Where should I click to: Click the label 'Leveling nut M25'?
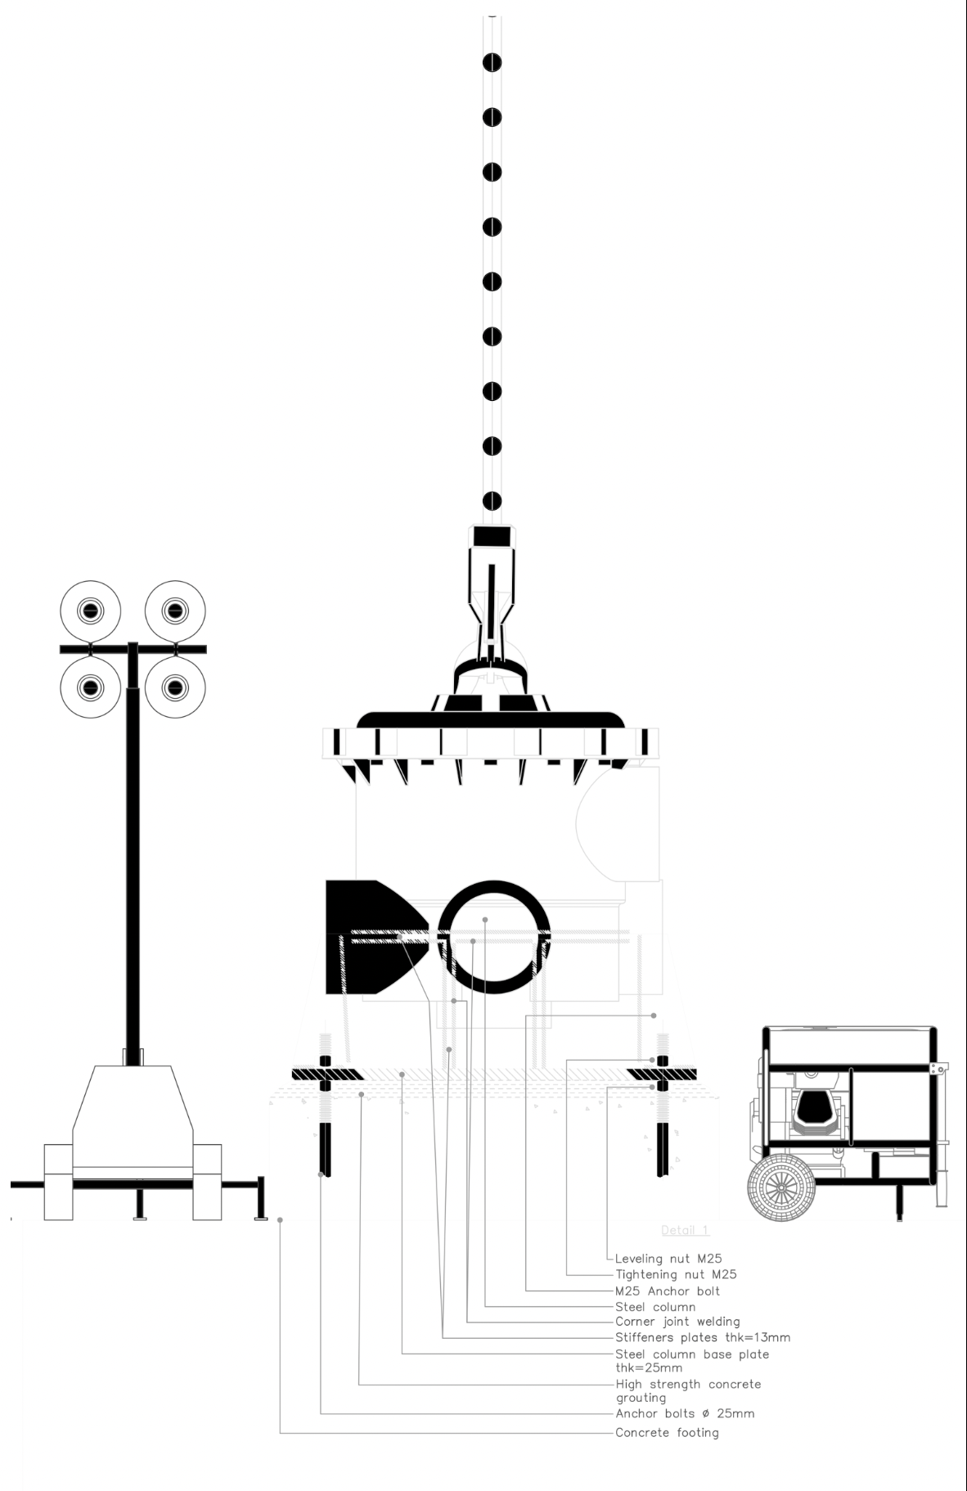pyautogui.click(x=668, y=1259)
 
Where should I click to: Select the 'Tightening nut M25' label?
pyautogui.click(x=676, y=1274)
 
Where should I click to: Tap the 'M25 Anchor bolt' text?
pyautogui.click(x=668, y=1291)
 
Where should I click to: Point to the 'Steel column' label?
pyautogui.click(x=655, y=1307)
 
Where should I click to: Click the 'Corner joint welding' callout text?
pyautogui.click(x=677, y=1322)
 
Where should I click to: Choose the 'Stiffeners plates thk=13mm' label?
pyautogui.click(x=703, y=1338)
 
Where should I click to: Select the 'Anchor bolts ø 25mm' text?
pyautogui.click(x=685, y=1413)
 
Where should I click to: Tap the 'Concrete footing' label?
pyautogui.click(x=667, y=1432)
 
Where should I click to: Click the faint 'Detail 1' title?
pyautogui.click(x=685, y=1230)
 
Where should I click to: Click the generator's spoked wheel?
pyautogui.click(x=780, y=1187)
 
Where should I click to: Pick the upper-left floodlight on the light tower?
pyautogui.click(x=90, y=610)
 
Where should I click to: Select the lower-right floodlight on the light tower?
pyautogui.click(x=175, y=687)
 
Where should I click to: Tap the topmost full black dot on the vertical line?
pyautogui.click(x=492, y=63)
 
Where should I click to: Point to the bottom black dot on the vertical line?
pyautogui.click(x=492, y=501)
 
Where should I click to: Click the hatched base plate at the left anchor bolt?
pyautogui.click(x=328, y=1074)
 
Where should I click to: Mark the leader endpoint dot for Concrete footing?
pyautogui.click(x=280, y=1220)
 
